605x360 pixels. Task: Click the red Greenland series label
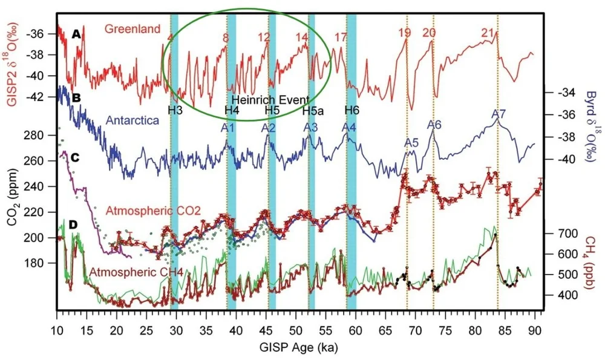tap(132, 28)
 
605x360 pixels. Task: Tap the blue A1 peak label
tap(227, 128)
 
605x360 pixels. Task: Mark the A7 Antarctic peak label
tap(499, 114)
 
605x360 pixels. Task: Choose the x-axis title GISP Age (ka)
tap(297, 348)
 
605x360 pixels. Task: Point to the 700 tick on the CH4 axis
tap(557, 233)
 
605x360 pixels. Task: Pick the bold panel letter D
tap(73, 225)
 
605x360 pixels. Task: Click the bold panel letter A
tap(76, 35)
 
